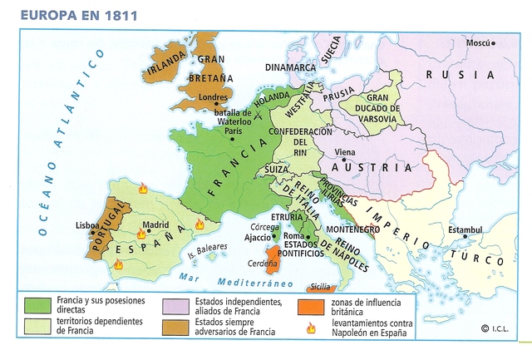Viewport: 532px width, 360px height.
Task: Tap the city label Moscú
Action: [477, 42]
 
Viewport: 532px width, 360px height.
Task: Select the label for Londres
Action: [214, 96]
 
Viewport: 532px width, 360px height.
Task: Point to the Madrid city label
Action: [155, 224]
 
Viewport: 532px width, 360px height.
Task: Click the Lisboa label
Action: [87, 225]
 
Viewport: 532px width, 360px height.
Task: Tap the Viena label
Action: [344, 152]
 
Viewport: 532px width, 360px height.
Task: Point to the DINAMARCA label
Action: [291, 67]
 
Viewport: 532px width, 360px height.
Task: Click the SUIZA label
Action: [276, 169]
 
